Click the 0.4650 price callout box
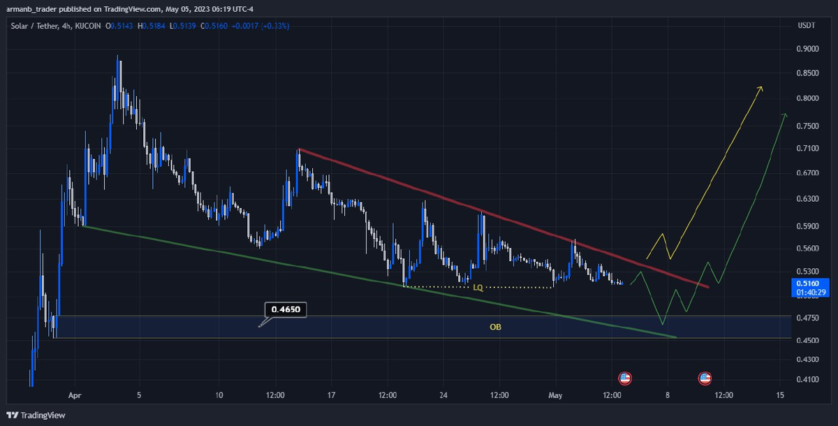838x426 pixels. [x=286, y=309]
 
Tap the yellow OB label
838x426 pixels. [x=495, y=327]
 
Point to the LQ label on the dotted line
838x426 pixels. [x=478, y=287]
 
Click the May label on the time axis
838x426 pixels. [x=556, y=395]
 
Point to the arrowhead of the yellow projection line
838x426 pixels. [x=760, y=88]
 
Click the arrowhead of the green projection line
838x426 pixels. [x=786, y=115]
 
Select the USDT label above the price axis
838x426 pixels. [x=807, y=26]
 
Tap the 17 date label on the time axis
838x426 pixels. [x=331, y=395]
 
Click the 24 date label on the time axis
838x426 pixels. [x=443, y=395]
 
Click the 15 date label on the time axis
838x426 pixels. [x=779, y=395]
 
